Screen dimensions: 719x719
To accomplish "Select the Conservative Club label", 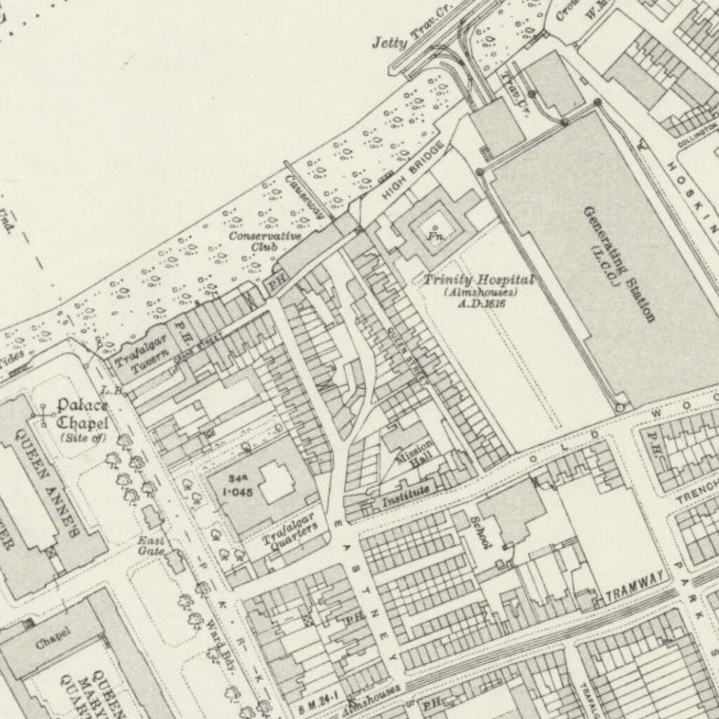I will click(265, 241).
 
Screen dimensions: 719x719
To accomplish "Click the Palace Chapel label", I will click(82, 414).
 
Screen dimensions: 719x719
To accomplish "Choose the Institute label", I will click(405, 499).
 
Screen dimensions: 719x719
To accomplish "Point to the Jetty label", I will click(390, 44).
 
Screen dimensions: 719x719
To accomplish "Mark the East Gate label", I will click(151, 546).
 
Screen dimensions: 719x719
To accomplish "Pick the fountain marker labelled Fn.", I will click(435, 231).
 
